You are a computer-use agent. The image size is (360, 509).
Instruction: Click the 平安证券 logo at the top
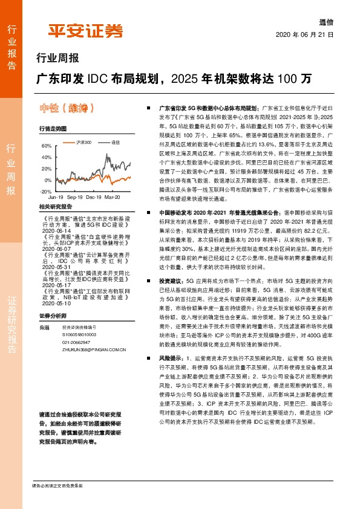85,30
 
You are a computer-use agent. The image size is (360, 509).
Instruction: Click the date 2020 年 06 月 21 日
304,34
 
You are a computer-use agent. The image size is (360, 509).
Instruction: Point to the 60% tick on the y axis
47,146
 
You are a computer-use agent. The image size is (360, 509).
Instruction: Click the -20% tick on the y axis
46,191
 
